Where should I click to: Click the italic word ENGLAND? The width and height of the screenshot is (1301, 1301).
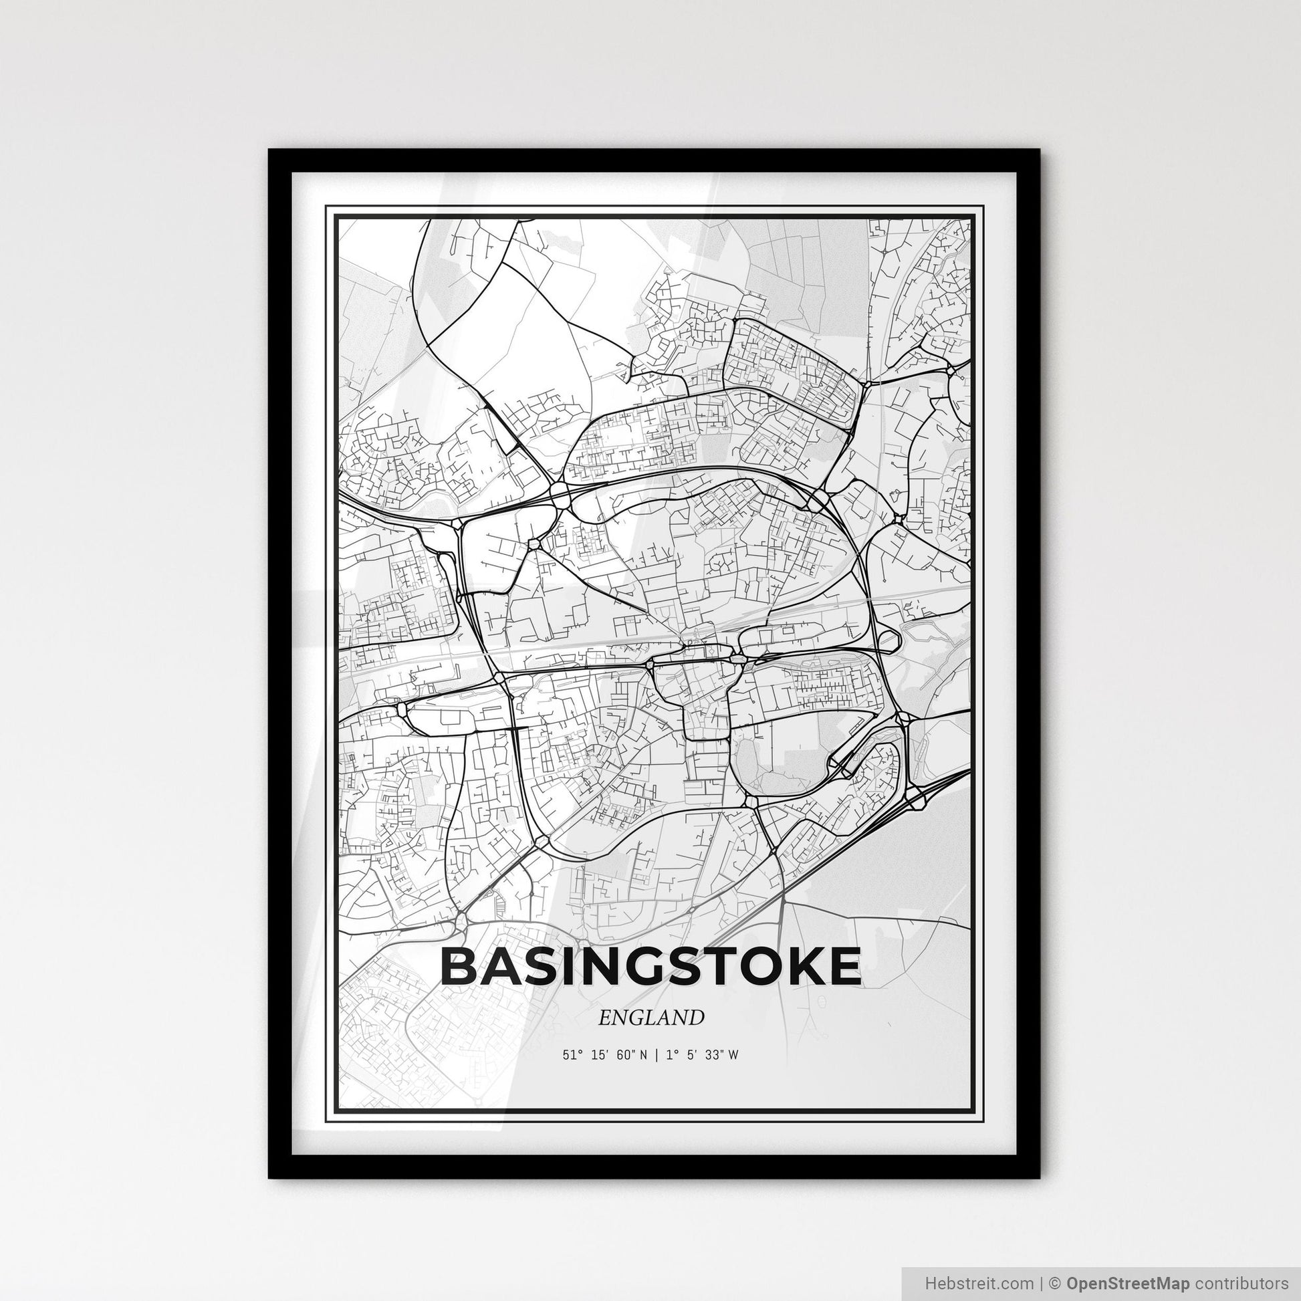[x=650, y=1018]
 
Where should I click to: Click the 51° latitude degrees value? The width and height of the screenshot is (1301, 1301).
[x=571, y=1055]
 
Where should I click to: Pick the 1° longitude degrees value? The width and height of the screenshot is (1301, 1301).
[x=671, y=1055]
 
